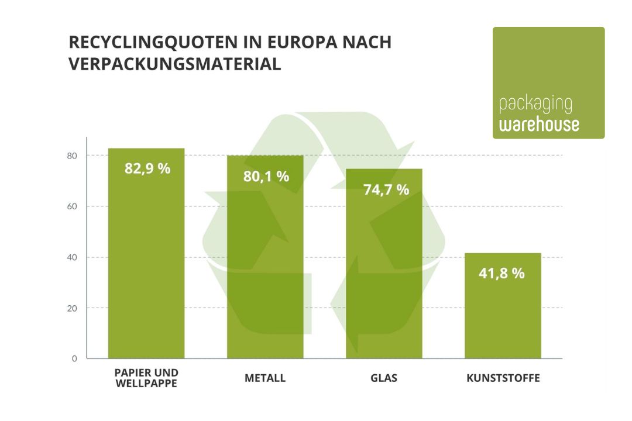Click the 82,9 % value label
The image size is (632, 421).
[147, 169]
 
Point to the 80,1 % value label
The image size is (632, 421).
[266, 176]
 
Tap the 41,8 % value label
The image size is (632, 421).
[502, 272]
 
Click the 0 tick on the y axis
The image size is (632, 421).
[75, 358]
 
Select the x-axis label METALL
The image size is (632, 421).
[265, 378]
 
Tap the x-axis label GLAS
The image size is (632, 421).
[384, 378]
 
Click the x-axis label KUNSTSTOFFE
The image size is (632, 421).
[503, 378]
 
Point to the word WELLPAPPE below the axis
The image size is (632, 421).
[146, 384]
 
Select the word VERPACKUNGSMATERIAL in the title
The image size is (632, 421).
[175, 64]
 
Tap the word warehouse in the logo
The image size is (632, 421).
[539, 125]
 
